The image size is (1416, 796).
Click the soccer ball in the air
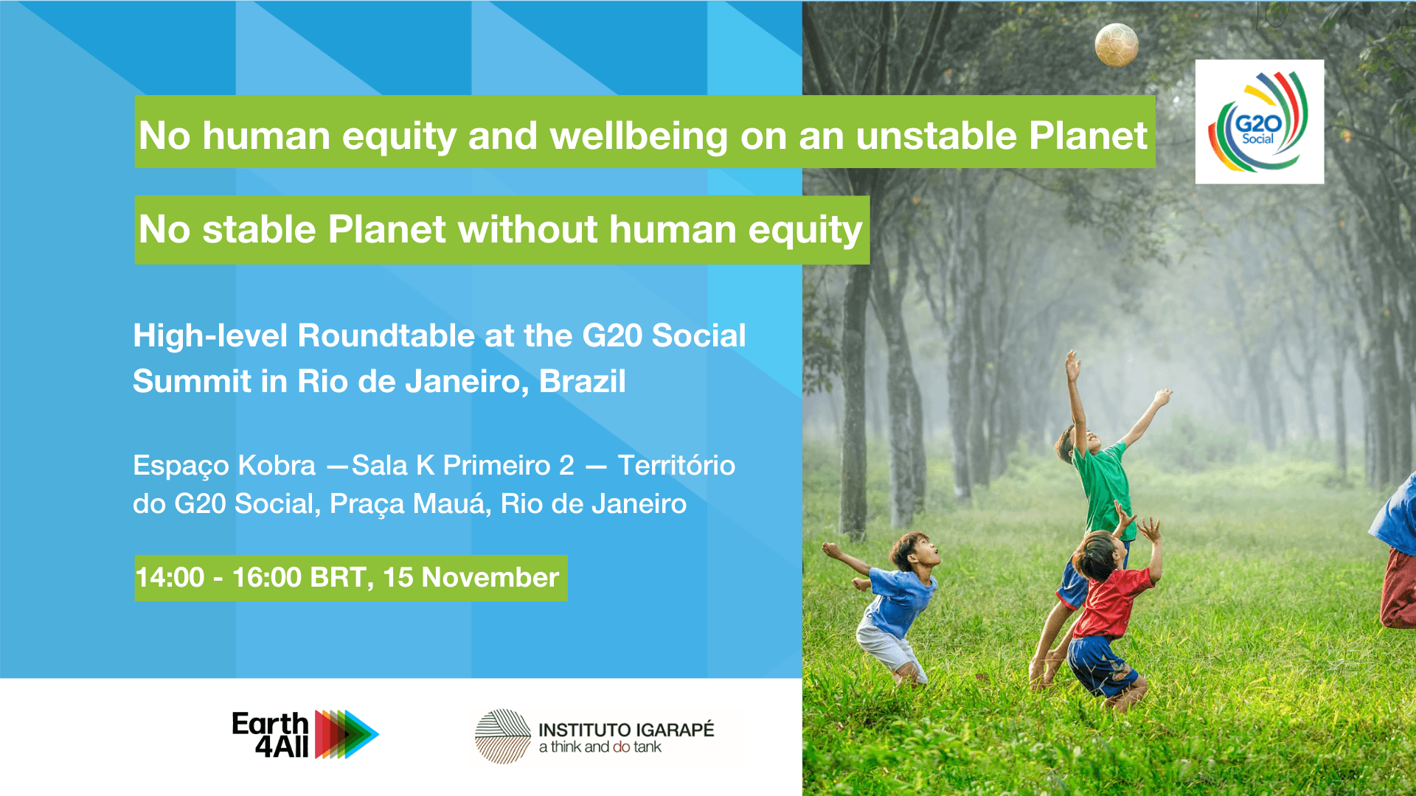(x=1117, y=45)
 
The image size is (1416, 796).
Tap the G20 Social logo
(x=1259, y=122)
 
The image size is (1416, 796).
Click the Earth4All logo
(x=305, y=734)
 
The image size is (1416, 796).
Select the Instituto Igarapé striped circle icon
(x=502, y=736)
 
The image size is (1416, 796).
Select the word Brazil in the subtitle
(x=583, y=381)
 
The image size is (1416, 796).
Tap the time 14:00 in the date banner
(x=170, y=577)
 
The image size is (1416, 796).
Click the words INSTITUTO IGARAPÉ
(x=626, y=730)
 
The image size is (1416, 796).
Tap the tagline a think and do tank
(x=600, y=747)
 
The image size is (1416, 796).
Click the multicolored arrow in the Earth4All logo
(x=347, y=734)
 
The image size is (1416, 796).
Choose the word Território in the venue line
(x=676, y=465)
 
